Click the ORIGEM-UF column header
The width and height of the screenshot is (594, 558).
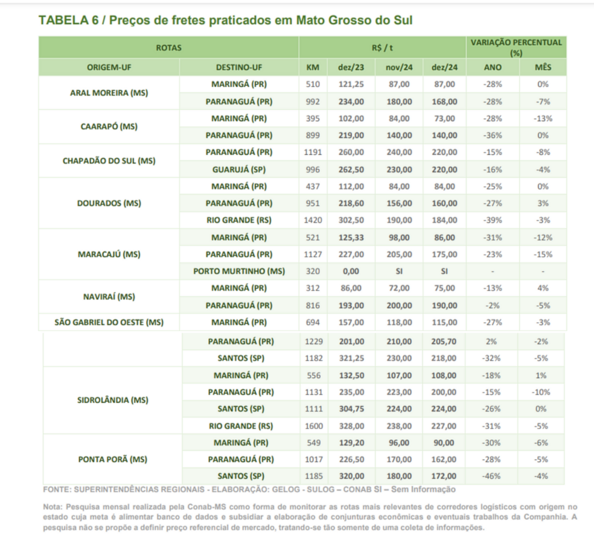(108, 67)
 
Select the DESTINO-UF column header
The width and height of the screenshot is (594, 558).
(239, 67)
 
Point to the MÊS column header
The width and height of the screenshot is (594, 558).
(543, 67)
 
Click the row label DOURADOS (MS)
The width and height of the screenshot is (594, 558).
(108, 203)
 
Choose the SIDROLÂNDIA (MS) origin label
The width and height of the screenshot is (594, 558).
(113, 400)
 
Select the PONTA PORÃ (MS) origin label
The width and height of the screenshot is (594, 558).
(113, 459)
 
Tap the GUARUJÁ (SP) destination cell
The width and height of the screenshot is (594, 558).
(239, 170)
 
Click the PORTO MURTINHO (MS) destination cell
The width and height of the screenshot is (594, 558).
(239, 271)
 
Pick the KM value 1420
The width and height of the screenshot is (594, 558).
(313, 221)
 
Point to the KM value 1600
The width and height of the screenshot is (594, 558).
(313, 426)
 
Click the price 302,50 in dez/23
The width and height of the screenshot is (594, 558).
(351, 221)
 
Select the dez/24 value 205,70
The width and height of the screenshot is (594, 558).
(444, 342)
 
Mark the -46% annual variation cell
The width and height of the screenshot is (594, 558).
(492, 476)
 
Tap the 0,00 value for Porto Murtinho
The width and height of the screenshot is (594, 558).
(351, 271)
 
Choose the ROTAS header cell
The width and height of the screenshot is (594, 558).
(168, 48)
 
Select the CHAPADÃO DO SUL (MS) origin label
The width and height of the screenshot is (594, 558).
(108, 161)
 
